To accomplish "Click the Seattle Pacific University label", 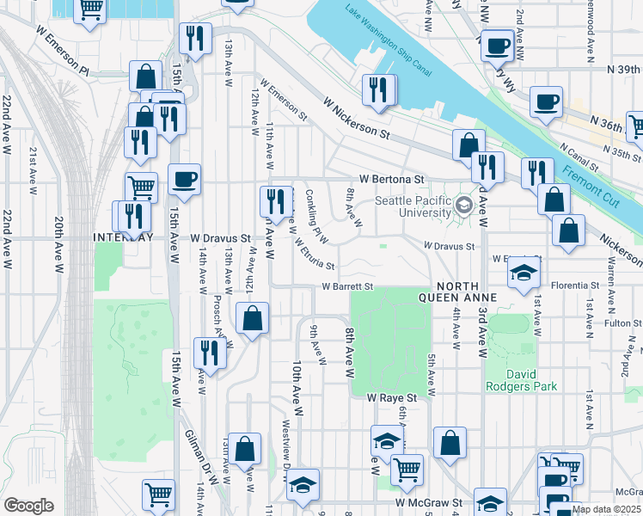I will [x=413, y=207].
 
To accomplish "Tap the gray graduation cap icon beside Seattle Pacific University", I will [x=465, y=205].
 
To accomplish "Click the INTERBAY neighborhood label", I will [x=125, y=237].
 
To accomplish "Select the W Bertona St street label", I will [x=392, y=179].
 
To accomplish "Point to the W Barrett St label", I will [x=347, y=286].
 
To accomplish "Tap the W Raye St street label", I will [x=392, y=399].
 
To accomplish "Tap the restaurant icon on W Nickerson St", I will [x=379, y=90].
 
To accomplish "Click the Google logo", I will [x=28, y=506].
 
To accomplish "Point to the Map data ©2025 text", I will [x=606, y=509].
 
